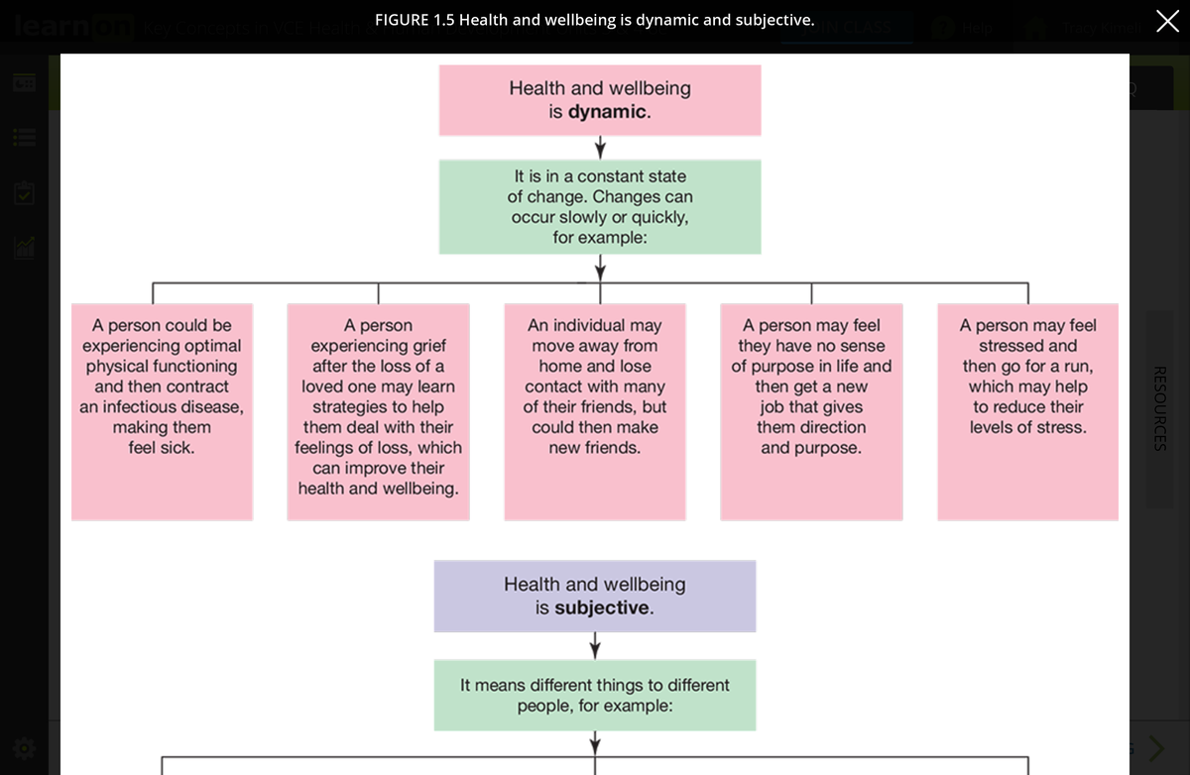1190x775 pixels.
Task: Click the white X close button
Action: pyautogui.click(x=1167, y=21)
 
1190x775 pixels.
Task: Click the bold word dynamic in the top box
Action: pyautogui.click(x=607, y=112)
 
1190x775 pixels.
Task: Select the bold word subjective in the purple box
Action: pyautogui.click(x=602, y=608)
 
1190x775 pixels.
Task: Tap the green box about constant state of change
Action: pyautogui.click(x=600, y=206)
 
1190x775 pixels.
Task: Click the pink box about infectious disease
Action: pyautogui.click(x=162, y=411)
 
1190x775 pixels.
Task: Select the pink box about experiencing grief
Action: pyautogui.click(x=378, y=411)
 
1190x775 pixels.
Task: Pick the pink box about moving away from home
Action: pyautogui.click(x=595, y=411)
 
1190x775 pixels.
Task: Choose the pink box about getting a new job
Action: pyautogui.click(x=811, y=411)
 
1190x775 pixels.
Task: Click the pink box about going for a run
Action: pyautogui.click(x=1027, y=411)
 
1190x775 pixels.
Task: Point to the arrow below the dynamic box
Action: pyautogui.click(x=600, y=148)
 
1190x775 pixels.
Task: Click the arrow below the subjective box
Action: pyautogui.click(x=595, y=646)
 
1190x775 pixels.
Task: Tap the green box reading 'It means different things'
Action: pyautogui.click(x=595, y=695)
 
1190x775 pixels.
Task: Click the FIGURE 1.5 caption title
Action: pyautogui.click(x=594, y=20)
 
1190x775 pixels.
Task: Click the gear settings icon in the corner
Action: pyautogui.click(x=25, y=747)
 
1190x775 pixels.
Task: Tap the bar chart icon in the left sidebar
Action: pyautogui.click(x=25, y=247)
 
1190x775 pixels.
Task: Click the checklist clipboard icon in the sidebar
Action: pyautogui.click(x=25, y=192)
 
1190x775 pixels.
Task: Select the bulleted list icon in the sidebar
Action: pyautogui.click(x=25, y=138)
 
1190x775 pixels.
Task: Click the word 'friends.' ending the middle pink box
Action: pyautogui.click(x=617, y=448)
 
